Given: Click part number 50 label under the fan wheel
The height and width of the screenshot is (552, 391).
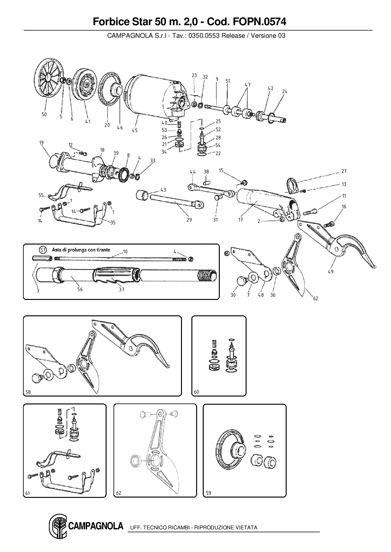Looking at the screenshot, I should (x=44, y=114).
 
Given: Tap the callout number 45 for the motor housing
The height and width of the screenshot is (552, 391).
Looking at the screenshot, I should (x=135, y=130).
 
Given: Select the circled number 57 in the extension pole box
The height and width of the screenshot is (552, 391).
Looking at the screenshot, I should (x=43, y=250).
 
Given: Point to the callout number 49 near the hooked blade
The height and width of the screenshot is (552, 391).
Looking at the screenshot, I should (x=330, y=272).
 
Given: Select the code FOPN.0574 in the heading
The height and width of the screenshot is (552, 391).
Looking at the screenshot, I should (x=259, y=22).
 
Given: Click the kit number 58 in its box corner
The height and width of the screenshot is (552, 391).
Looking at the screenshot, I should (x=28, y=392).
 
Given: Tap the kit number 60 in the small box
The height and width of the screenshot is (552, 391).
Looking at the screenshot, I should (x=196, y=392).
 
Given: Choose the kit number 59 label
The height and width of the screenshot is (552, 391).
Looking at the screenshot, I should (x=208, y=493).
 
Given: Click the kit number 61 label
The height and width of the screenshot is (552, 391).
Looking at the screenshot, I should (x=27, y=493).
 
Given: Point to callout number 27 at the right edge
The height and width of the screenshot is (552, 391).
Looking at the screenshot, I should (x=344, y=171).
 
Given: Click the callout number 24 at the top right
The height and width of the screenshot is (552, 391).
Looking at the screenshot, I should (x=285, y=92).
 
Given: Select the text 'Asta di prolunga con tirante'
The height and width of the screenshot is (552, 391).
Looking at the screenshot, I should (x=81, y=250).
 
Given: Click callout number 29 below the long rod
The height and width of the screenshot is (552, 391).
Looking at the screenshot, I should (x=189, y=220).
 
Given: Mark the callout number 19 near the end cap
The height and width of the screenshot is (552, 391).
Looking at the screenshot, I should (x=41, y=143).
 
